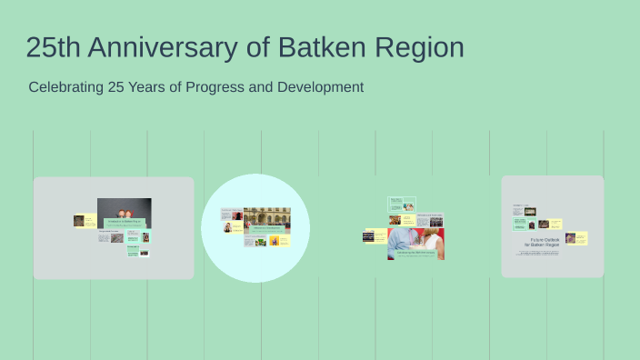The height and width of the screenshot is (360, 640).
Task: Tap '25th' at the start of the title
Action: click(x=56, y=47)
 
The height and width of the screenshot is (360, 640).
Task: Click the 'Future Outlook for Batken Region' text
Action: click(x=545, y=244)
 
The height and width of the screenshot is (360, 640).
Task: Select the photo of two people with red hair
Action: click(x=125, y=209)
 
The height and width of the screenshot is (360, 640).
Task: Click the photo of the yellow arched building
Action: click(x=266, y=217)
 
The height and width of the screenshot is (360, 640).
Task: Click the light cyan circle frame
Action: click(x=255, y=264)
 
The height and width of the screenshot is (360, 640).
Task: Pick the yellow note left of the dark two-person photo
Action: click(x=90, y=220)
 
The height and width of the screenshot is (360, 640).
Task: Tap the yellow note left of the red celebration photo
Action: click(x=375, y=235)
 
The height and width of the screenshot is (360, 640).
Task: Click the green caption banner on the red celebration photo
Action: click(x=415, y=255)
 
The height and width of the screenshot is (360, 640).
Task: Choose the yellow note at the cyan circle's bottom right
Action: click(x=284, y=241)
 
